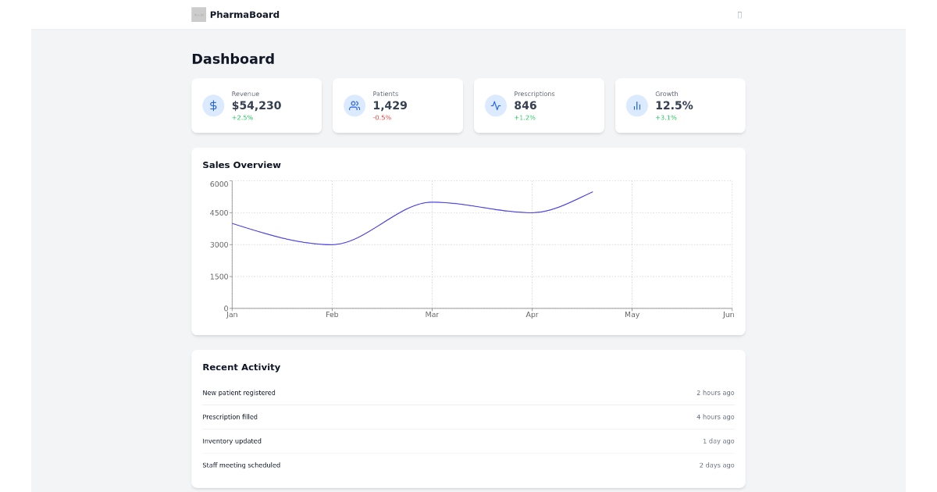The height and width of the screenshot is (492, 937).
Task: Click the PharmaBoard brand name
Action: pyautogui.click(x=244, y=15)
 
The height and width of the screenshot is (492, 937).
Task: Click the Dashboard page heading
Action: pyautogui.click(x=233, y=59)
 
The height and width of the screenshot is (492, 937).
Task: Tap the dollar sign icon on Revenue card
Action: pyautogui.click(x=213, y=105)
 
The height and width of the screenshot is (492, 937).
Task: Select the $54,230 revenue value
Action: pyautogui.click(x=256, y=105)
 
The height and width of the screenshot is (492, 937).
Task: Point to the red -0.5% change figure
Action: pyautogui.click(x=382, y=118)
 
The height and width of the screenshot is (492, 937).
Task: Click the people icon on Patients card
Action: pyautogui.click(x=354, y=105)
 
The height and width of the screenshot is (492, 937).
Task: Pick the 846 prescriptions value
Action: pyautogui.click(x=526, y=105)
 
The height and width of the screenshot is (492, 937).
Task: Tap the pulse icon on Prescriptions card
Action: pyautogui.click(x=496, y=105)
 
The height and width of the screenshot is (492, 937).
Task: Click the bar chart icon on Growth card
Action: pyautogui.click(x=637, y=105)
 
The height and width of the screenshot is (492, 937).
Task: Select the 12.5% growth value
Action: pyautogui.click(x=674, y=105)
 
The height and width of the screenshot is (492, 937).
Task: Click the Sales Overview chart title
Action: pyautogui.click(x=241, y=165)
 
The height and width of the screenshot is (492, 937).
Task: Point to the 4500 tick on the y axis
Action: pyautogui.click(x=219, y=213)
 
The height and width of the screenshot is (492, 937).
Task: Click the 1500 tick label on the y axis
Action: pyautogui.click(x=219, y=277)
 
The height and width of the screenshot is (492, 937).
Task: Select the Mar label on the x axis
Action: pyautogui.click(x=432, y=315)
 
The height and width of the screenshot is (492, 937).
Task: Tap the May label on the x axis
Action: pyautogui.click(x=632, y=315)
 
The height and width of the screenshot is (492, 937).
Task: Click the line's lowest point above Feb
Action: pyautogui.click(x=332, y=244)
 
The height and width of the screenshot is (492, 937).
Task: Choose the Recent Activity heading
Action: pyautogui.click(x=241, y=367)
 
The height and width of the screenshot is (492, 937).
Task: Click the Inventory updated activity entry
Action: pyautogui.click(x=232, y=441)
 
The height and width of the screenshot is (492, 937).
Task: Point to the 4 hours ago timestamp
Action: pyautogui.click(x=715, y=417)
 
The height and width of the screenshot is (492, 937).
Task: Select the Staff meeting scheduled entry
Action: pyautogui.click(x=241, y=465)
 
